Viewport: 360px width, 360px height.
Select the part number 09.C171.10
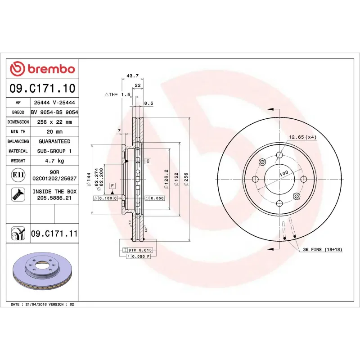42,88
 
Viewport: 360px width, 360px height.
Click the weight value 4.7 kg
54,161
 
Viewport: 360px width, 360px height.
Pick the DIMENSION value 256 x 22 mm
54,122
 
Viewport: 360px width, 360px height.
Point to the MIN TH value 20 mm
54,132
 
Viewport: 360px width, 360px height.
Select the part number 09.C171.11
54,234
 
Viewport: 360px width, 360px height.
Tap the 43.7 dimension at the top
132,76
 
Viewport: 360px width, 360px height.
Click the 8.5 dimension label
148,103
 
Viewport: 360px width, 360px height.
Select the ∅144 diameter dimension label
90,179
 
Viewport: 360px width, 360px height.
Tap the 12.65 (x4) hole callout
302,137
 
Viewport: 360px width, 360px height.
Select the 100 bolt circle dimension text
283,173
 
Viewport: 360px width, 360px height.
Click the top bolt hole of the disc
279,155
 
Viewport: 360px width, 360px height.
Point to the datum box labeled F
112,185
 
